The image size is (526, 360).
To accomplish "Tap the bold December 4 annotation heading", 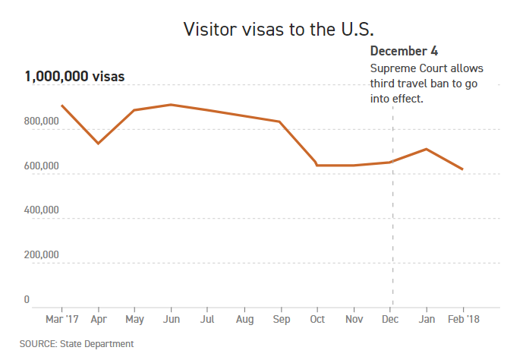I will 404,52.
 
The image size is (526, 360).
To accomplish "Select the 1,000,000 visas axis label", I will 74,76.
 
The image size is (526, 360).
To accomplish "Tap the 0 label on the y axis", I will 27,300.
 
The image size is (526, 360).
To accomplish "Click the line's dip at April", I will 98,143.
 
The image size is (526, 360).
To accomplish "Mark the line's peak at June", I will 171,105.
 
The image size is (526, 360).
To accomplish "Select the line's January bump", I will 427,149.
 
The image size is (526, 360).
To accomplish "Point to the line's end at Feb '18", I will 463,169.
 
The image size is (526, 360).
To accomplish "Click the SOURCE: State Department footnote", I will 77,344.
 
